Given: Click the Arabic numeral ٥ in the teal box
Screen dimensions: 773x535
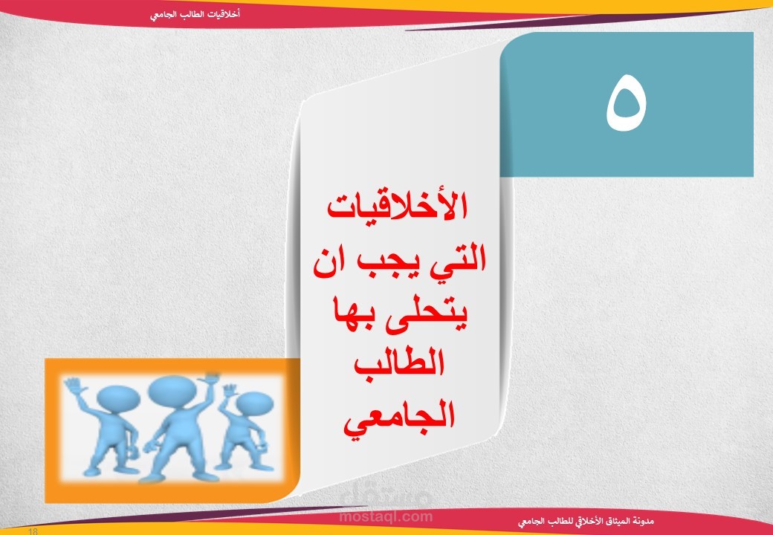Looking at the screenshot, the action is pyautogui.click(x=626, y=103).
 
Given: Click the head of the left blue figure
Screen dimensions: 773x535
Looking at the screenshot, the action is pyautogui.click(x=118, y=398).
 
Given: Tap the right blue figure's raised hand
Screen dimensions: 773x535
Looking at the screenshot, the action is pyautogui.click(x=229, y=391).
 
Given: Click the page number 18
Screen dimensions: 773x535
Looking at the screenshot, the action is pyautogui.click(x=33, y=531).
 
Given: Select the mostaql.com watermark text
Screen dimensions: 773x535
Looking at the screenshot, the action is pyautogui.click(x=386, y=516).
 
